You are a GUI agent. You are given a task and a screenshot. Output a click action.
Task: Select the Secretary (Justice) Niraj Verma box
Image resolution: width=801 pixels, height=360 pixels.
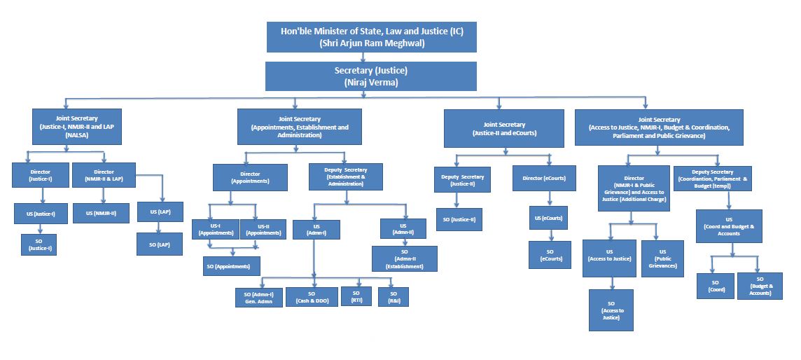[371, 76]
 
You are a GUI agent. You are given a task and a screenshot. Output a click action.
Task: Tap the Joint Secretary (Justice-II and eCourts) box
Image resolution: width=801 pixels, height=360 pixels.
[503, 127]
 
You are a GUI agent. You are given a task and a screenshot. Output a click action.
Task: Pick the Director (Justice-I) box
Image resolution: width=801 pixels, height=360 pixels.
[41, 175]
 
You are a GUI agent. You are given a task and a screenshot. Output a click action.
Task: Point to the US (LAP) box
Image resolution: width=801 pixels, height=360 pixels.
[160, 211]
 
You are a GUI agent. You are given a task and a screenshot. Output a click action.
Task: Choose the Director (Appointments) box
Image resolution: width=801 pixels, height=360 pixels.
[250, 176]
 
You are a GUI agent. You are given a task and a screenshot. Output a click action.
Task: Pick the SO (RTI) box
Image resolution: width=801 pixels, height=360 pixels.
[356, 296]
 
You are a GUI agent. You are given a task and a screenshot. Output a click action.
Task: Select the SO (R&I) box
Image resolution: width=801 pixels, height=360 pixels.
[393, 297]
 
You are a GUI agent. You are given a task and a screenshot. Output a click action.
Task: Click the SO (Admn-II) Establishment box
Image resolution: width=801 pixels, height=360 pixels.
[405, 258]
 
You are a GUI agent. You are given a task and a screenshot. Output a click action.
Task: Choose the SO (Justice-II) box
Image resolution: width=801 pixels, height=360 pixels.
[459, 219]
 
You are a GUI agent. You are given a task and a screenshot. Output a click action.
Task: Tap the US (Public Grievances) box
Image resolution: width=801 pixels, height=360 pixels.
[662, 258]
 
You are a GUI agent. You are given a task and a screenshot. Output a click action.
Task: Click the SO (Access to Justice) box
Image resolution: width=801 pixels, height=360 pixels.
[611, 310]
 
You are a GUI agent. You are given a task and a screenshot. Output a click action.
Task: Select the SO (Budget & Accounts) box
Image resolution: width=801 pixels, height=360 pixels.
[760, 286]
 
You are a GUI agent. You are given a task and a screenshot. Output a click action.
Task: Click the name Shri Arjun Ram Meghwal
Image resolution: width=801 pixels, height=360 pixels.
[371, 43]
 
